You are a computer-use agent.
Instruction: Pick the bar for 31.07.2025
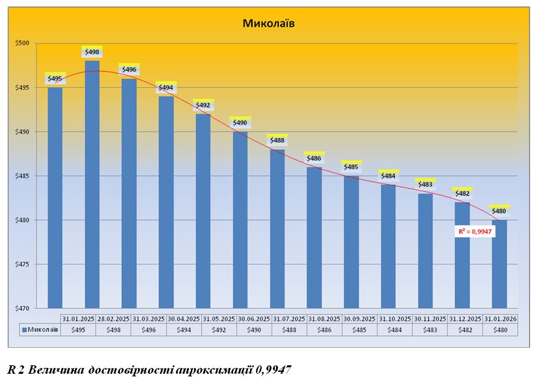[277, 228]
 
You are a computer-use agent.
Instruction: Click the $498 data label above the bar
[92, 52]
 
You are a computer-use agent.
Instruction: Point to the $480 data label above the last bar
[499, 210]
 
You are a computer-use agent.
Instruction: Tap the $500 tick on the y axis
[23, 44]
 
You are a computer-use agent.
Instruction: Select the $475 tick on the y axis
[23, 264]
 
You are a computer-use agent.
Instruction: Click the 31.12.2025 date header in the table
[465, 319]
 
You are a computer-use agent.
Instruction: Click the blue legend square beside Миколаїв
[25, 330]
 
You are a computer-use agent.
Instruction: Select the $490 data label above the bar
[240, 122]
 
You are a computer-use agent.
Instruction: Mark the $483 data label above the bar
[425, 184]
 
